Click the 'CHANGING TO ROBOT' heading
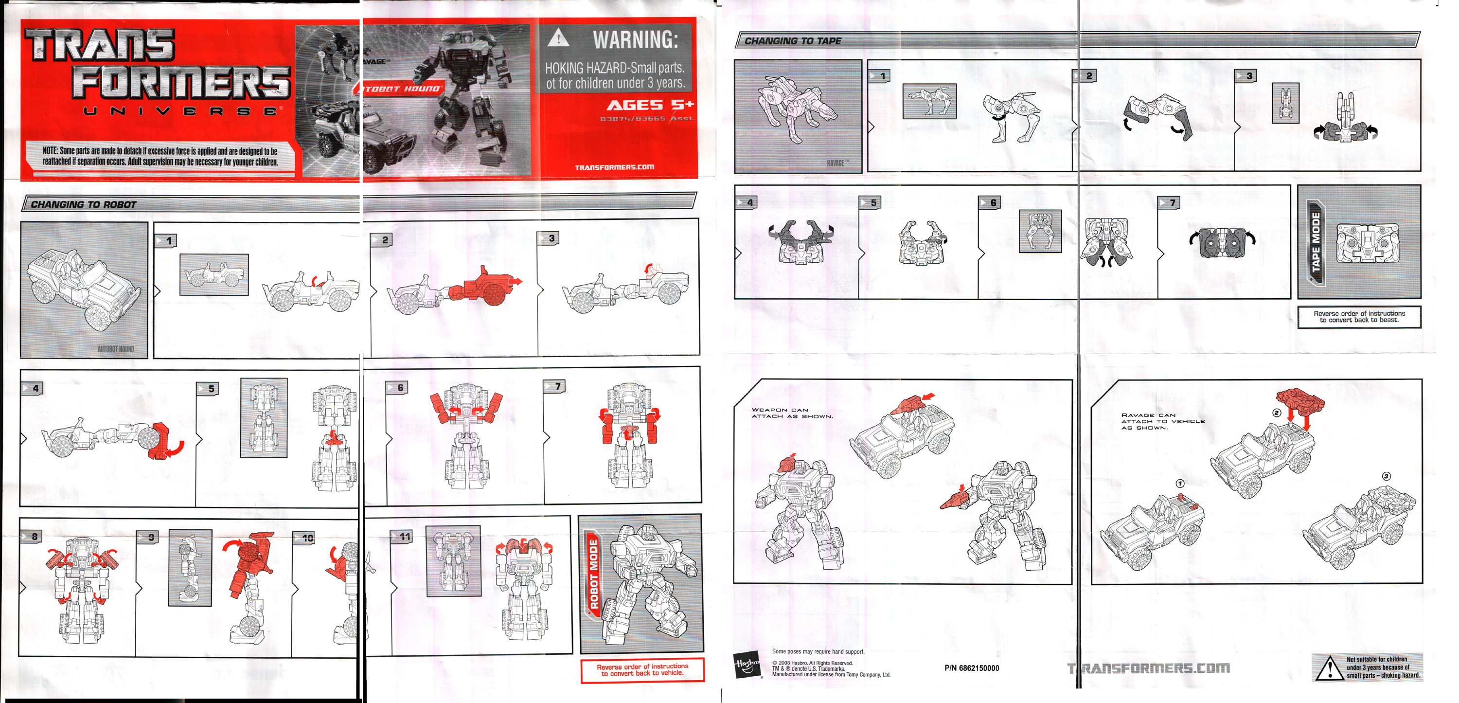coord(83,204)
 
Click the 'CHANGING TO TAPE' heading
coord(792,41)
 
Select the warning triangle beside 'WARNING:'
coord(558,38)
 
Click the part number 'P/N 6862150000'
coord(971,668)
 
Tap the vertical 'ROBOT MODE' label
coord(593,575)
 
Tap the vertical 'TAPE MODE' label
coord(1315,242)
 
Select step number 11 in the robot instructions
coord(405,536)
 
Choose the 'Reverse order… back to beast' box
coord(1359,317)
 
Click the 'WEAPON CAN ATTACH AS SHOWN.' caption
coord(792,413)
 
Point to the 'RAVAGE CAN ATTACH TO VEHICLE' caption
coord(1162,421)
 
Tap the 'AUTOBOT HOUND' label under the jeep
coord(116,349)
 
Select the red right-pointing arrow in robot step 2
coord(515,281)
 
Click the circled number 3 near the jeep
coord(1386,476)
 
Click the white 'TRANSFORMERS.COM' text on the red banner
coord(614,167)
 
